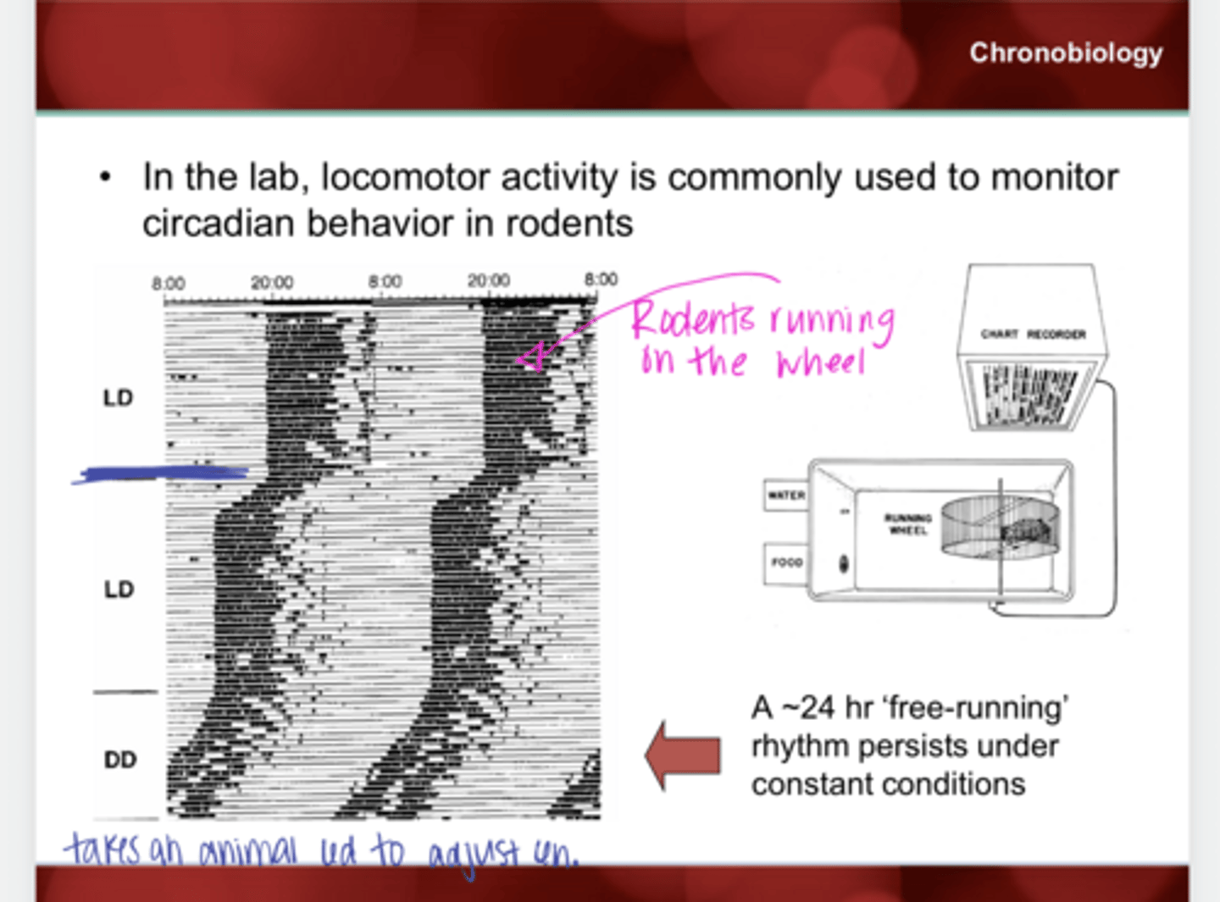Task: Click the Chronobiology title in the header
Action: point(1065,53)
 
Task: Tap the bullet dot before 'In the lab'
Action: point(106,178)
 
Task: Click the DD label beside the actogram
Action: point(119,760)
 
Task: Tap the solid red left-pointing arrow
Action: point(683,755)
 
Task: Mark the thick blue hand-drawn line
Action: point(161,474)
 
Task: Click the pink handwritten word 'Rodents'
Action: point(692,319)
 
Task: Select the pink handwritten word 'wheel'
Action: point(819,362)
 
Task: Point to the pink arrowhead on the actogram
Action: point(530,359)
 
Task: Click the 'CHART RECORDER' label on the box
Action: point(1033,335)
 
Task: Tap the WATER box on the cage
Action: point(785,495)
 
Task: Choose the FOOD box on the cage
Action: point(785,562)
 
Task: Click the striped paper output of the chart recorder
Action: point(1029,395)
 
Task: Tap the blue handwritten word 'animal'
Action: point(248,850)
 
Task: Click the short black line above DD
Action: point(125,692)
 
